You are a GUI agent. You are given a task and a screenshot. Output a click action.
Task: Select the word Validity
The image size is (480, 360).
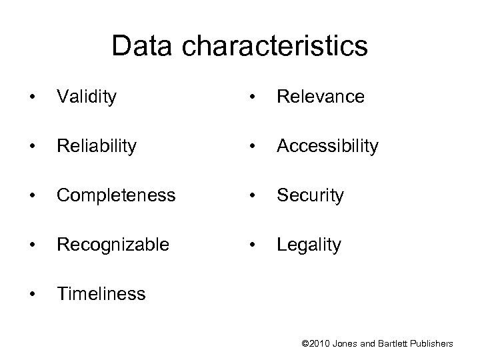point(87,97)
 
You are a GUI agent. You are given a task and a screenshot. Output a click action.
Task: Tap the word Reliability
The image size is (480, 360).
point(98,146)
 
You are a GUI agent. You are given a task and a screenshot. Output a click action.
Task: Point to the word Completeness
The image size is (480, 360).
point(116,195)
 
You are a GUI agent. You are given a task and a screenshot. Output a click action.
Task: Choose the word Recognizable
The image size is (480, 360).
point(113,245)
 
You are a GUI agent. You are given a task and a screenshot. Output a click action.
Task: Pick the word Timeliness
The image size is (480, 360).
point(101,294)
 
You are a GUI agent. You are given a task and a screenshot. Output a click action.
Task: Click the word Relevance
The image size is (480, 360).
point(321,97)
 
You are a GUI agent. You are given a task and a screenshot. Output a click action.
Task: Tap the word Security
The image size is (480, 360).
point(310,195)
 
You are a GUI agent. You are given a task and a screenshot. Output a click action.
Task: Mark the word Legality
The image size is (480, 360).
point(309,245)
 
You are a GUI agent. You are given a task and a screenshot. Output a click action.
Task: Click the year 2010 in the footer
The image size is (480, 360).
point(321,343)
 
